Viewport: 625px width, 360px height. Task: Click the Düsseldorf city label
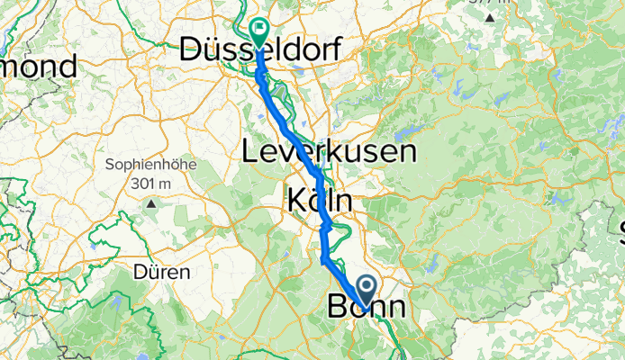point(261,49)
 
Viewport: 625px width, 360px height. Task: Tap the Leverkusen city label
point(330,151)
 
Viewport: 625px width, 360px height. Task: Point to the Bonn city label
point(366,306)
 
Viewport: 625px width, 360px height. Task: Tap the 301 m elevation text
point(151,183)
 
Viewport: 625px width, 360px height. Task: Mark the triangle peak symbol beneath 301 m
point(152,203)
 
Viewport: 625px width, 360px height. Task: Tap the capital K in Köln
point(296,200)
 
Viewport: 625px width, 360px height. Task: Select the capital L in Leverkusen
point(249,151)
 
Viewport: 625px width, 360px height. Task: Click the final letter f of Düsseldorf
point(335,49)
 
